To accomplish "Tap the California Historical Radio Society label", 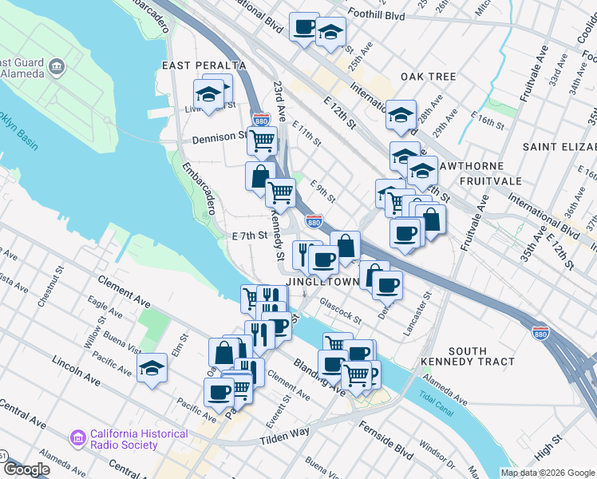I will [139, 440].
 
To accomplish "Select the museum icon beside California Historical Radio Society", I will [77, 438].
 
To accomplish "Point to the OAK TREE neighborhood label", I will [428, 77].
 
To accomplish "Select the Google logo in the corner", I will [26, 469].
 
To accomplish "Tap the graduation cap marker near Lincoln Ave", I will [152, 367].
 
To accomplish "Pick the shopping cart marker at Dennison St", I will [262, 141].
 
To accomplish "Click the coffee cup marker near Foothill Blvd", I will [304, 26].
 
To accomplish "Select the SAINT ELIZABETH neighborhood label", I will [559, 147].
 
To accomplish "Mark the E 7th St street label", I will [247, 236].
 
